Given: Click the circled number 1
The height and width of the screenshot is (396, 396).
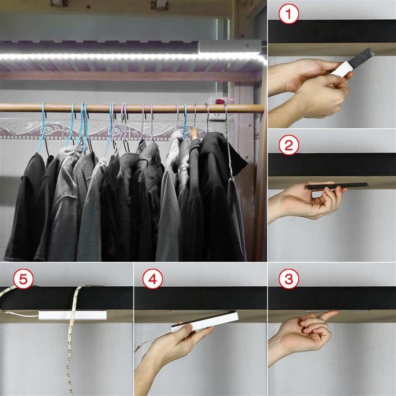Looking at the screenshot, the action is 289,14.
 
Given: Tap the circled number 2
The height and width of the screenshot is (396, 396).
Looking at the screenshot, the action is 289,145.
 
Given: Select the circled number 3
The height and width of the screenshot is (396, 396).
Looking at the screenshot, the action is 289,279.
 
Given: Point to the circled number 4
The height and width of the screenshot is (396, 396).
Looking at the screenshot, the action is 152,279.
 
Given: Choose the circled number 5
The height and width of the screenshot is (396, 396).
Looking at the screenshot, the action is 23,279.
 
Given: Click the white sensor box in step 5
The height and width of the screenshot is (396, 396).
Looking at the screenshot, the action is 72,315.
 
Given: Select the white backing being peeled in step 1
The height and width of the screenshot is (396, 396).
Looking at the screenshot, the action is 342,69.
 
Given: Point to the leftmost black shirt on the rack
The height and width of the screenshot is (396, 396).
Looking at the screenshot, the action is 24,207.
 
